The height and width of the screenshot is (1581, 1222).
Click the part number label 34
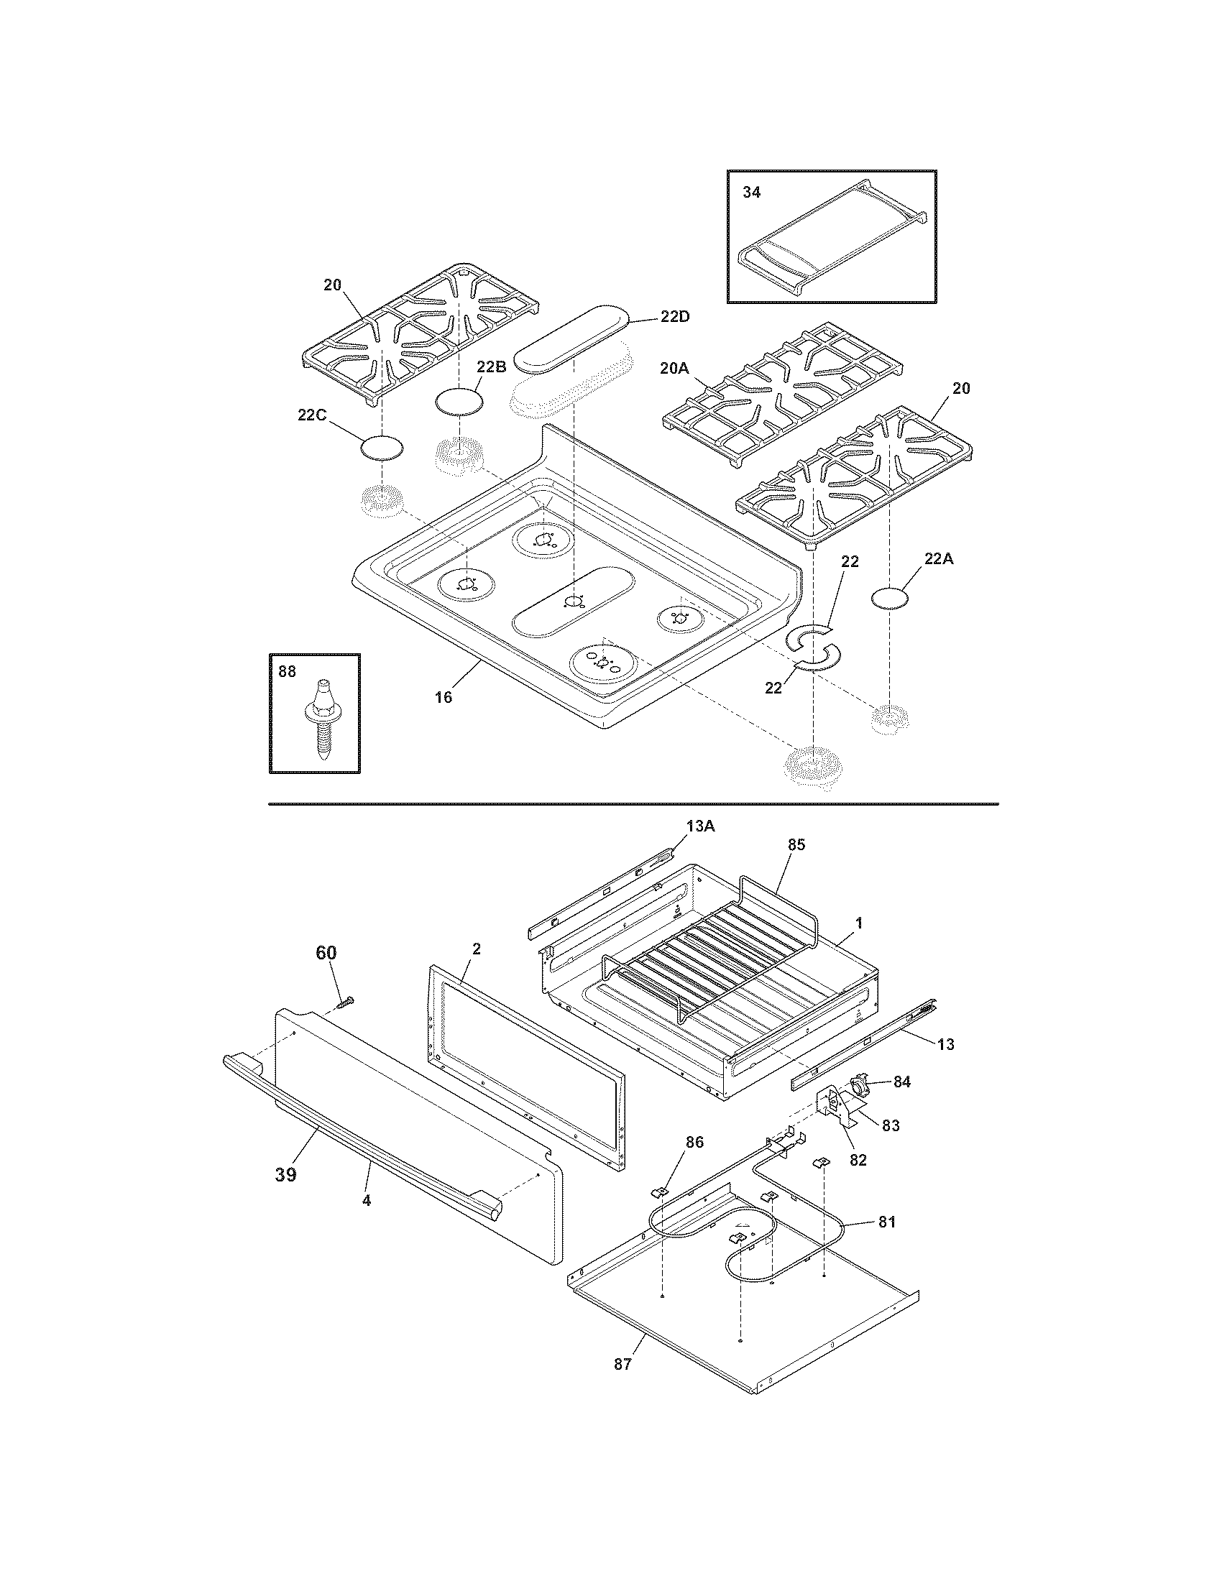coord(751,193)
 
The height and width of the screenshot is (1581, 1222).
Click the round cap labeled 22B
coord(459,402)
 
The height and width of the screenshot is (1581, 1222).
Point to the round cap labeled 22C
coord(382,448)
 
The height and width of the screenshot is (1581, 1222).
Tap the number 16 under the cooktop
coord(443,697)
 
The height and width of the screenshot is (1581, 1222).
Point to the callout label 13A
coord(700,827)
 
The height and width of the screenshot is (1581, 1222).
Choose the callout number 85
coord(796,845)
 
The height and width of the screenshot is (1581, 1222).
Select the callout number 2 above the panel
coord(476,949)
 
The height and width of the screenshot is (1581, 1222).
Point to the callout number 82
coord(857,1160)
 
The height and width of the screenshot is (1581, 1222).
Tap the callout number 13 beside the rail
coord(945,1044)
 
